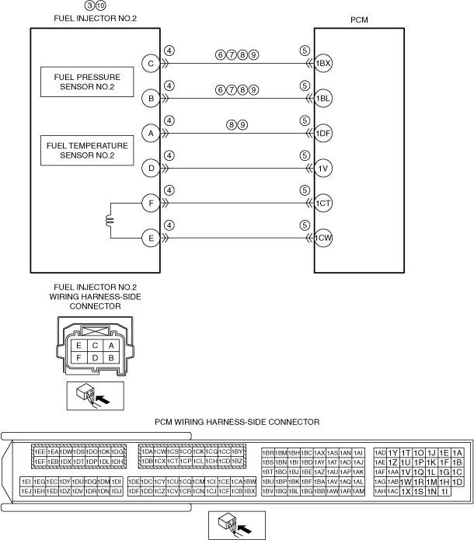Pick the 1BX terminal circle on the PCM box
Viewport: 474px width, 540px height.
click(323, 64)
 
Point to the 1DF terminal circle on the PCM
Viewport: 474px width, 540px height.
click(323, 134)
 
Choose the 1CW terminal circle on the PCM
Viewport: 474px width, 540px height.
click(323, 238)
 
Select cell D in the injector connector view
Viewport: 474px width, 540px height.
click(93, 357)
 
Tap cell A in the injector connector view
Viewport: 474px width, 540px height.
click(111, 345)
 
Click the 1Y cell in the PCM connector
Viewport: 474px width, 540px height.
click(393, 453)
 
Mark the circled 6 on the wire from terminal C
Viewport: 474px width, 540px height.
click(221, 55)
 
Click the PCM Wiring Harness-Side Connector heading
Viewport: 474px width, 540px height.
click(237, 422)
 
